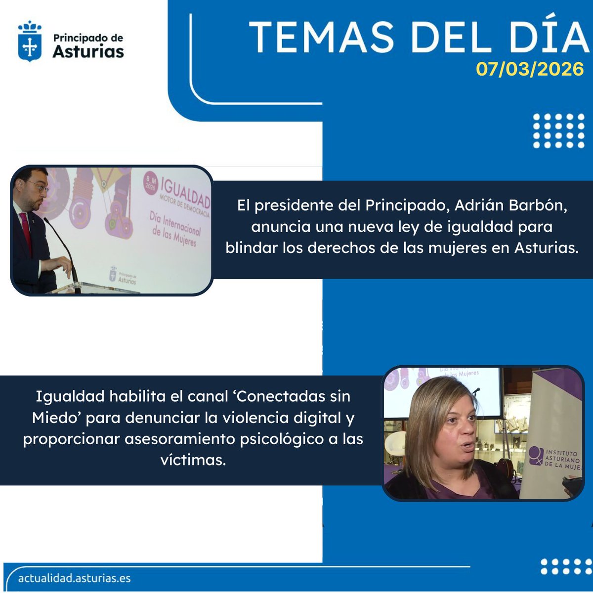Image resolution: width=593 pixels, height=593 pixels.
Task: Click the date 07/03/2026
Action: tap(530, 69)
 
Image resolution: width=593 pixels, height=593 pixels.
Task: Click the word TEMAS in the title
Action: tap(321, 37)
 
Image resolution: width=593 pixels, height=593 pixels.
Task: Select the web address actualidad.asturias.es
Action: tap(74, 578)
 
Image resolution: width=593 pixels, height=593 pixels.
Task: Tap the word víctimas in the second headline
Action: tap(193, 460)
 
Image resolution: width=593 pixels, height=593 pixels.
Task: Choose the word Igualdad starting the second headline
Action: tap(70, 396)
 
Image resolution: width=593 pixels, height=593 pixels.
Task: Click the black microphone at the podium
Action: tap(62, 247)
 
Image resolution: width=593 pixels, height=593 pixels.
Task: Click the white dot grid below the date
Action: tap(559, 130)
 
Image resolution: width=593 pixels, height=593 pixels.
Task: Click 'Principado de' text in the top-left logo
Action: tap(88, 38)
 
